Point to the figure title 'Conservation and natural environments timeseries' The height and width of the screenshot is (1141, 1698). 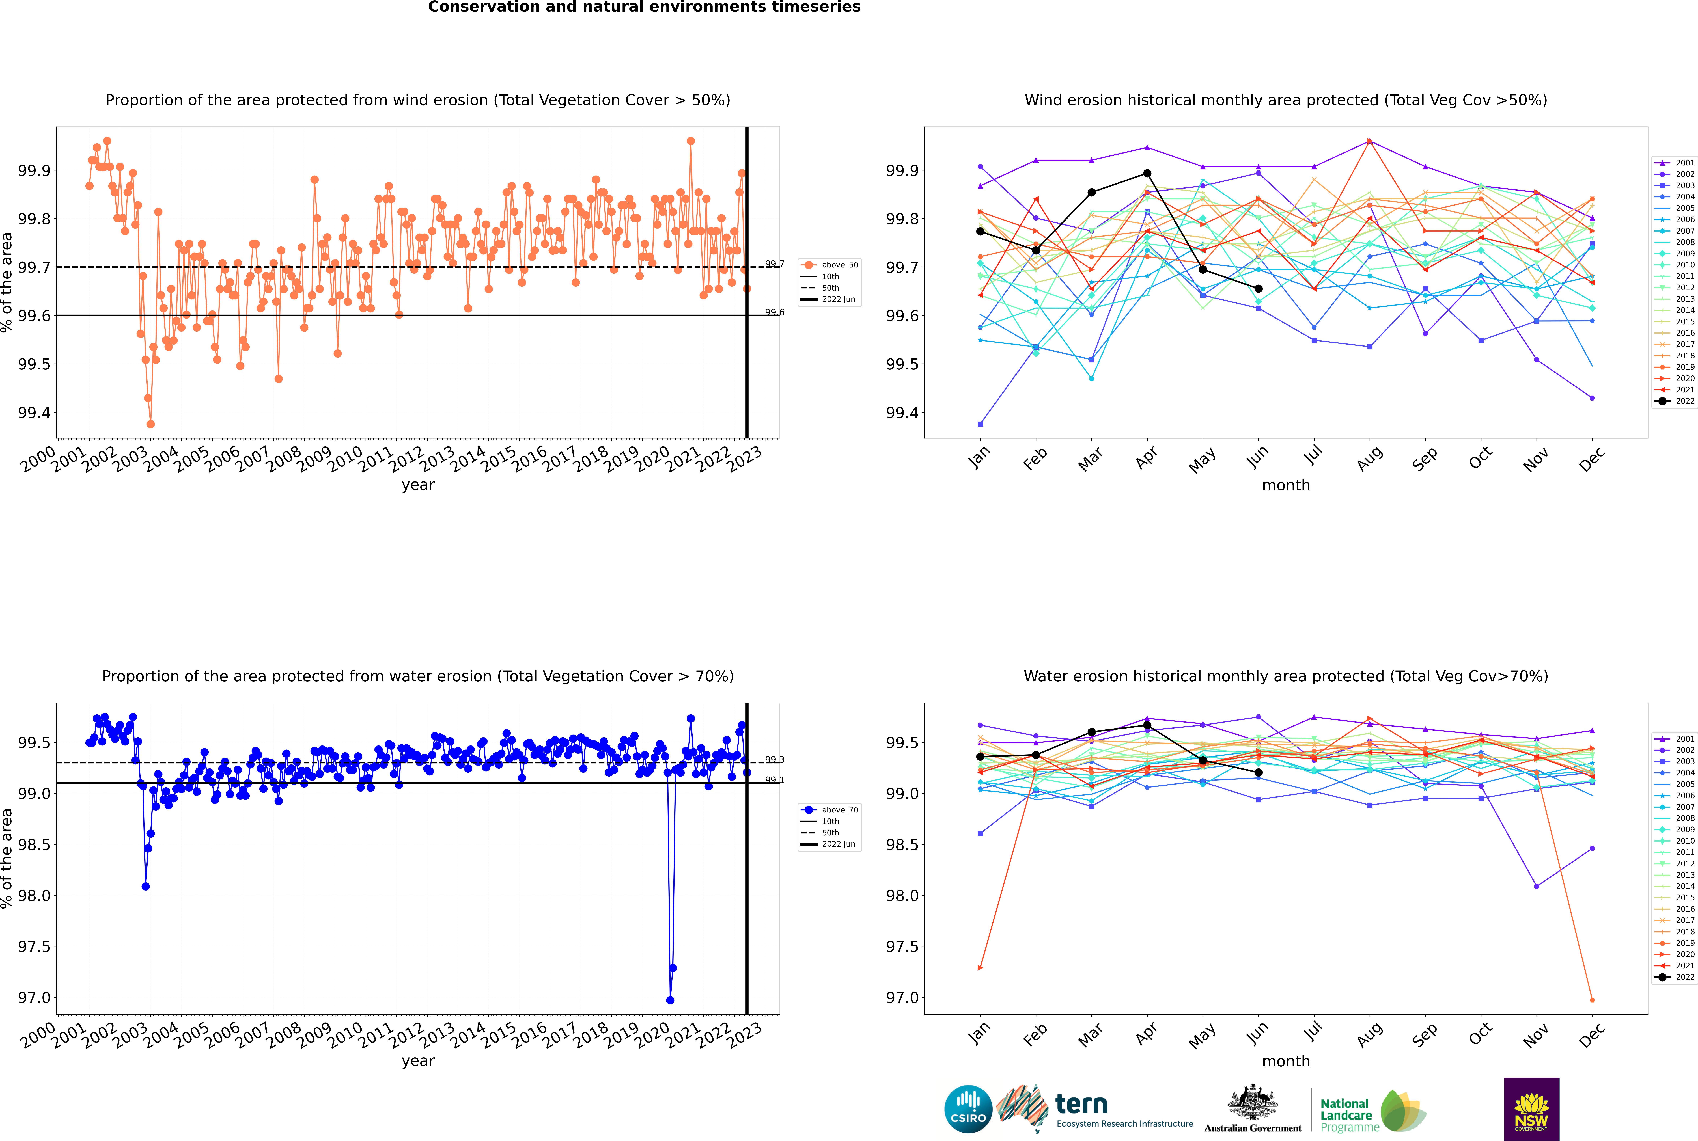(x=644, y=7)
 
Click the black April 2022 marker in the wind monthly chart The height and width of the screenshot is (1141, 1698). (x=1147, y=173)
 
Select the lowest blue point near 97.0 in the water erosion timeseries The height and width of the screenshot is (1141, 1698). (x=670, y=1000)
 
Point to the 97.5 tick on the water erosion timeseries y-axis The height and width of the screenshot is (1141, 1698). (x=34, y=947)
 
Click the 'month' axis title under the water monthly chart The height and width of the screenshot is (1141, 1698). (x=1285, y=1061)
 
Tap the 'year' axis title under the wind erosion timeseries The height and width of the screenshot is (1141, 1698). (x=418, y=485)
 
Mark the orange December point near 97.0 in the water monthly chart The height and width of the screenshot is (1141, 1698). (x=1592, y=1000)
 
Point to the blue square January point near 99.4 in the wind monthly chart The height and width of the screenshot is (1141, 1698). (x=980, y=423)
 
